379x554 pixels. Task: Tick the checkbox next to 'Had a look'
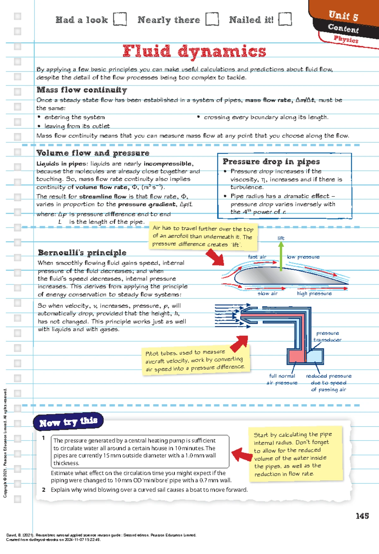click(x=120, y=19)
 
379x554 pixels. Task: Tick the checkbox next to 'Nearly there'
click(x=212, y=19)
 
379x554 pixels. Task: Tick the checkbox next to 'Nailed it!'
click(x=285, y=19)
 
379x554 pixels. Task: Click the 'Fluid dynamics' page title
click(x=194, y=51)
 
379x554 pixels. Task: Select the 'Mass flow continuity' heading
click(x=82, y=90)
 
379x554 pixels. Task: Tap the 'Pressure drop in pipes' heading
click(x=271, y=162)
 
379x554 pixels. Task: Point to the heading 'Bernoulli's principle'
click(x=82, y=253)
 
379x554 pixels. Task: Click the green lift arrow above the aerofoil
click(x=281, y=256)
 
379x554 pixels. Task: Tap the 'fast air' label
click(x=257, y=257)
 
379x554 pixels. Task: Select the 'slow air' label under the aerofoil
click(x=268, y=293)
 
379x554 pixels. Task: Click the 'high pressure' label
click(x=314, y=293)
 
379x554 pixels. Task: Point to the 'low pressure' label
click(x=303, y=257)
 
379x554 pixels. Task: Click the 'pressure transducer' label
click(x=328, y=336)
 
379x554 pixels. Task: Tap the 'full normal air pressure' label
click(x=282, y=379)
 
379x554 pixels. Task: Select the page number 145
click(x=362, y=516)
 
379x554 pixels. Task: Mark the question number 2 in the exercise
click(x=44, y=490)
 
